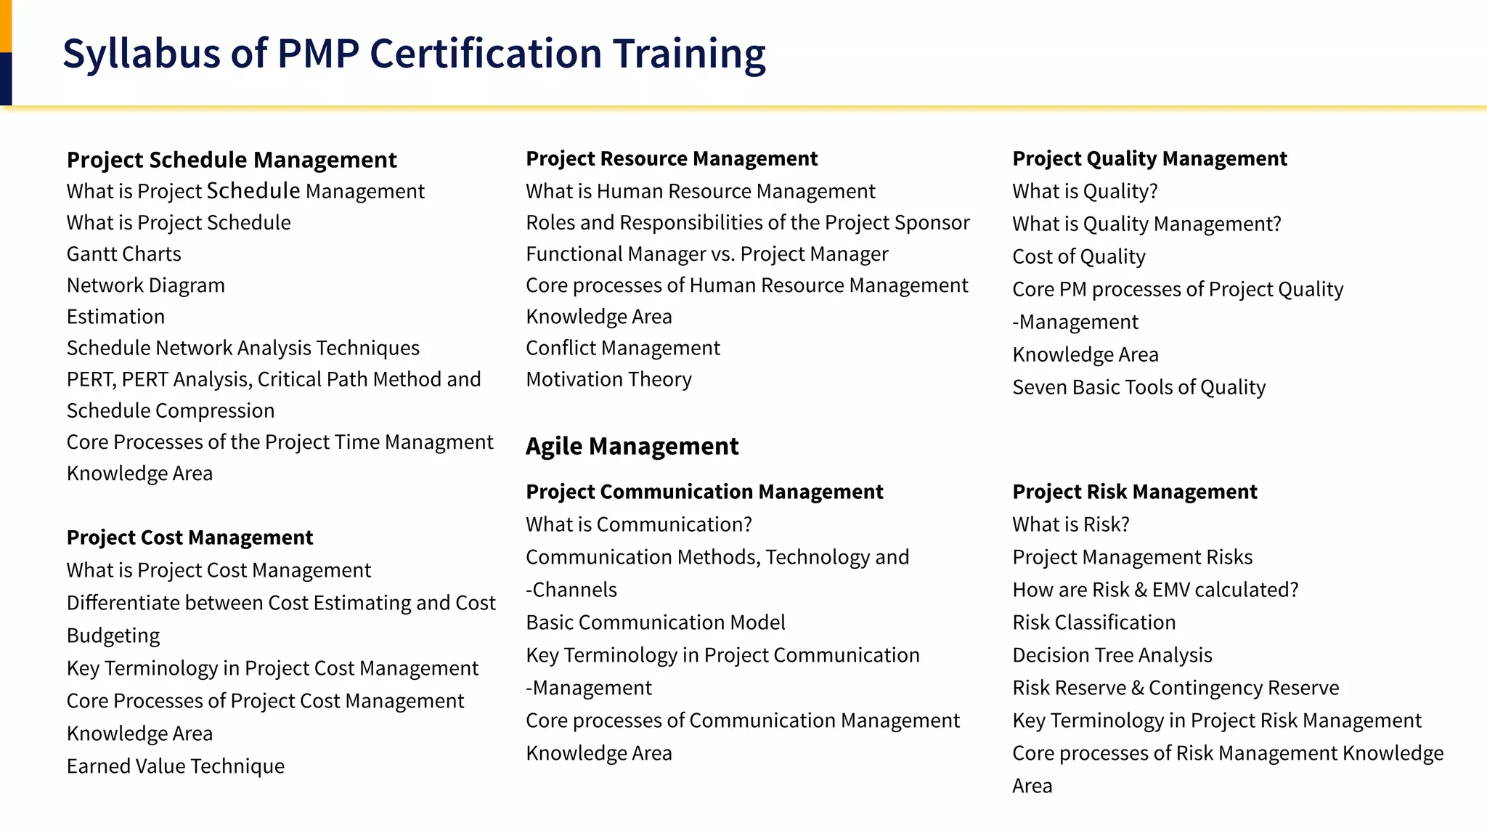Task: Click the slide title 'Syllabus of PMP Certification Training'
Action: (414, 54)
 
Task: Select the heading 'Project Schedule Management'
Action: (232, 160)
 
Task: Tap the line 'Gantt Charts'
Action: (124, 254)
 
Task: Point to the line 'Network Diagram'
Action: (146, 285)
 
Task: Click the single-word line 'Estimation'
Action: (115, 317)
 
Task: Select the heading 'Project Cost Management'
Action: (190, 537)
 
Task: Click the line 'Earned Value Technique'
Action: (176, 766)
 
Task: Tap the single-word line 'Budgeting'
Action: (113, 636)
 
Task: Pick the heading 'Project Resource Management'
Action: (672, 158)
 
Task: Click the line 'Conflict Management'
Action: (623, 348)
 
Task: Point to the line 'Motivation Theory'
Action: (608, 379)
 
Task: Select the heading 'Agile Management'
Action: (632, 446)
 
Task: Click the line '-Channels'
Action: (571, 590)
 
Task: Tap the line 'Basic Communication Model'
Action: (656, 622)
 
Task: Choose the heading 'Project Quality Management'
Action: (1149, 158)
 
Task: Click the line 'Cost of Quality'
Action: (1079, 256)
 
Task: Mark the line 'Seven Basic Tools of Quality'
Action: (1138, 387)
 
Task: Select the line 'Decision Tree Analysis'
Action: (1112, 655)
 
